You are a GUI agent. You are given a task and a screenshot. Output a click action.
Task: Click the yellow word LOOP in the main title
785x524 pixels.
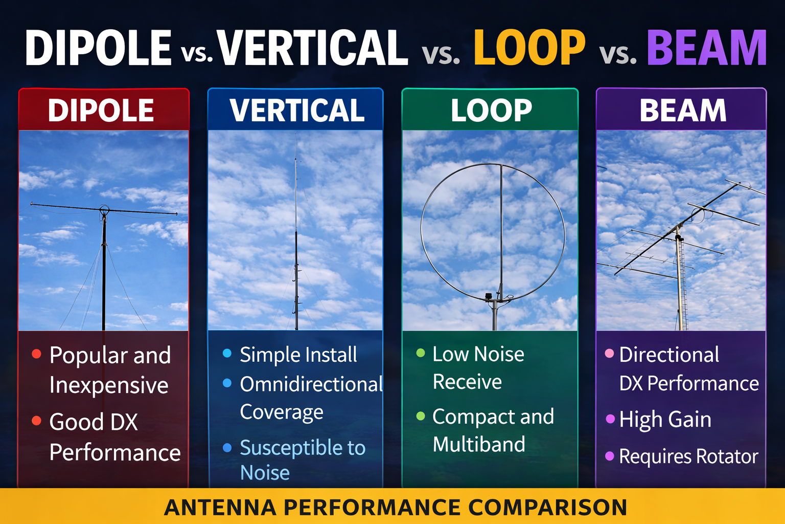529,48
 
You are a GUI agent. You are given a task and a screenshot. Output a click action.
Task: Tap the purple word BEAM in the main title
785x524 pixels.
707,48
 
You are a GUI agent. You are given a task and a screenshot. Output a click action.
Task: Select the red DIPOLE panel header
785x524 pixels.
101,111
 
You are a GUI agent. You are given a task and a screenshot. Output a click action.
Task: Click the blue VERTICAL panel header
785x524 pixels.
297,111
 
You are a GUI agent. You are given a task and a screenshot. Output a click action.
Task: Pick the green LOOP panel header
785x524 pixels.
491,111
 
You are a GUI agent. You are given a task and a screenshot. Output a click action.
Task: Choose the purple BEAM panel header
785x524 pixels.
683,111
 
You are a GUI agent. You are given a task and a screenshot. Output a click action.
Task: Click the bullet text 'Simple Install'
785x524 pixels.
298,355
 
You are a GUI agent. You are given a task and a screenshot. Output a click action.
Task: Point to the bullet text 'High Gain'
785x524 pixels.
665,420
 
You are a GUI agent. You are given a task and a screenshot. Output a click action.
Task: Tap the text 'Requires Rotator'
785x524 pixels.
688,456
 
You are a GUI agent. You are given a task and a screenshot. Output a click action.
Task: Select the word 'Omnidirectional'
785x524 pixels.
311,384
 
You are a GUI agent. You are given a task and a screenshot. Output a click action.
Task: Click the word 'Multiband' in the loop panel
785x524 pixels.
479,444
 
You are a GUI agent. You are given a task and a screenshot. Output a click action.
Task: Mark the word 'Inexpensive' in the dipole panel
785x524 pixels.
109,385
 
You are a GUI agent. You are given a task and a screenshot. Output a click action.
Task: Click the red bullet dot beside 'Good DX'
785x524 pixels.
36,421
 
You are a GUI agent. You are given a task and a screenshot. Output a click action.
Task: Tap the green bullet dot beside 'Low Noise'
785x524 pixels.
421,353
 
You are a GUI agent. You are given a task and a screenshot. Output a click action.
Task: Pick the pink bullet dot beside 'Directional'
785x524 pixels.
609,353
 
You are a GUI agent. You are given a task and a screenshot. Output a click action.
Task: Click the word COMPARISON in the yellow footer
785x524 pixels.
548,508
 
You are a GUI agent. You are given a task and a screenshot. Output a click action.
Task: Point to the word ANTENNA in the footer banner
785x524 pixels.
220,508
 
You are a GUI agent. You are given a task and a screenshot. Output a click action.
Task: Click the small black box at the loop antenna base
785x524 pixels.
488,296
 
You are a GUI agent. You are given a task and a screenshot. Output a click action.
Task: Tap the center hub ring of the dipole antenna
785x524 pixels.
104,209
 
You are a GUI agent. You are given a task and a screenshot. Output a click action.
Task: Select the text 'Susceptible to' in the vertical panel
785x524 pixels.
303,448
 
